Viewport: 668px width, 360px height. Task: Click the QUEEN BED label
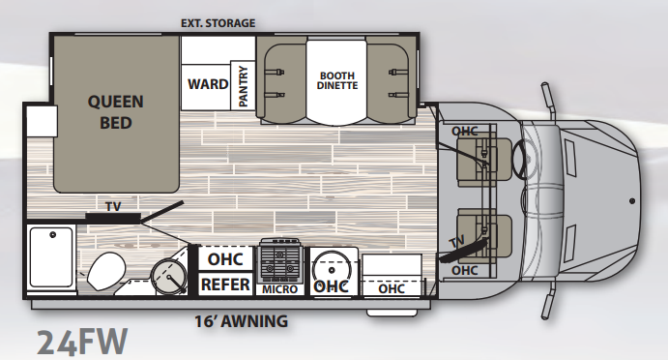(x=115, y=112)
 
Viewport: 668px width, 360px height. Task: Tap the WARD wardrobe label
(x=208, y=83)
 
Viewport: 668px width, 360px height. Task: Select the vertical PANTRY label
(x=243, y=86)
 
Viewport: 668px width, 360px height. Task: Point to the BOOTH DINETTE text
(x=337, y=80)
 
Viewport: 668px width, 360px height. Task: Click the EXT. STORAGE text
(x=218, y=23)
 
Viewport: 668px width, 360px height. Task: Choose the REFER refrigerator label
(x=225, y=285)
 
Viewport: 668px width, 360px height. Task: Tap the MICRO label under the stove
(x=279, y=289)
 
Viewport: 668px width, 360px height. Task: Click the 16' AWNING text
(x=241, y=320)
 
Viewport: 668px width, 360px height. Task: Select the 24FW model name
(x=82, y=342)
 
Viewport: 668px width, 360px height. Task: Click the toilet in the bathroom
(x=106, y=270)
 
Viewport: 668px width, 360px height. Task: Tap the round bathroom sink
(x=169, y=277)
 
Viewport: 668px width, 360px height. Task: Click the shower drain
(x=53, y=234)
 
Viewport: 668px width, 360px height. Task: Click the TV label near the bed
(x=113, y=206)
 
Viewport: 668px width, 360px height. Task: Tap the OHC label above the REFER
(x=225, y=259)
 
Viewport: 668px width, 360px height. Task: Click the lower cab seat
(x=483, y=236)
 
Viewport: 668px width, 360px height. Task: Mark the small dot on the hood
(x=632, y=201)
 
